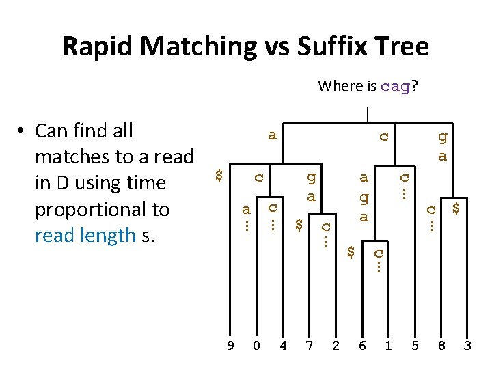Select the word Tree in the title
click(402, 47)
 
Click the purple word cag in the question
click(395, 87)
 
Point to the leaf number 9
click(230, 346)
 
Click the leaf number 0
click(256, 346)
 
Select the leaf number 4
click(283, 346)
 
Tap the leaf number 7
click(309, 346)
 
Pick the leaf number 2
click(336, 346)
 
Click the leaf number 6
click(362, 346)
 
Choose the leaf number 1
click(388, 346)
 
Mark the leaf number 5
click(415, 346)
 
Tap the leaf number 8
click(441, 346)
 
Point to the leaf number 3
click(467, 346)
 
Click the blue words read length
click(85, 236)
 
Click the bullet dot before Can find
click(22, 131)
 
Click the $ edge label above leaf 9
click(219, 176)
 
